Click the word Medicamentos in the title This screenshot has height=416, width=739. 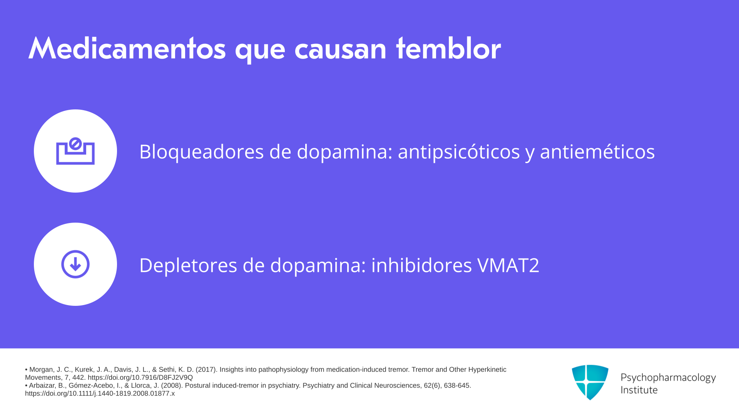click(127, 49)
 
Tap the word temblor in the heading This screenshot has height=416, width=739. click(448, 49)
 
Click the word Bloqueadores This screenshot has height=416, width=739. click(201, 151)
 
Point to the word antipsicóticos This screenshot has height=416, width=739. click(459, 151)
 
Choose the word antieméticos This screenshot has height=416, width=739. click(597, 151)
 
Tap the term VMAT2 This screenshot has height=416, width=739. click(508, 265)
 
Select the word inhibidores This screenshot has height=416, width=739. click(421, 265)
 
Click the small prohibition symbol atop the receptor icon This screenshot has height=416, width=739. click(75, 144)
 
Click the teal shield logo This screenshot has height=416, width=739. click(590, 382)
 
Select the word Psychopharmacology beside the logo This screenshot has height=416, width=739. click(668, 377)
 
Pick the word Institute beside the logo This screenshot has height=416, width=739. click(639, 390)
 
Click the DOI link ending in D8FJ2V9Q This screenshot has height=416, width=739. click(140, 377)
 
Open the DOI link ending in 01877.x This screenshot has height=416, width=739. click(100, 393)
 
